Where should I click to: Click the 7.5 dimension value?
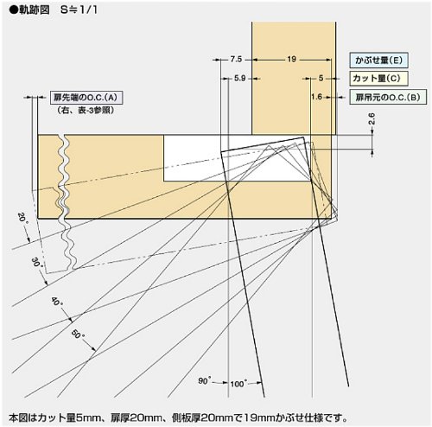pos(236,60)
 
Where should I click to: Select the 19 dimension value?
pos(291,60)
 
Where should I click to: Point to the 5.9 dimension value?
pos(239,78)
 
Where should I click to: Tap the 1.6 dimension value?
pos(316,97)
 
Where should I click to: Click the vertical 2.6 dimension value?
pos(372,118)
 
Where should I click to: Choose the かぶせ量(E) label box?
pos(378,61)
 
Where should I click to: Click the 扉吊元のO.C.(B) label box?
pos(388,97)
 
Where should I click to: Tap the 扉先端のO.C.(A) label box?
pos(86,98)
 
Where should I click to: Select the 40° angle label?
pos(57,302)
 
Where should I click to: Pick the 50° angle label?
pos(78,335)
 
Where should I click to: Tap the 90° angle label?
pos(204,380)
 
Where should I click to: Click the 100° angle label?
pos(238,384)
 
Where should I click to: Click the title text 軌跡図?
pos(35,10)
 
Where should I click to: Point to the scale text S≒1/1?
pos(79,10)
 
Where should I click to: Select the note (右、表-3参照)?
pos(86,111)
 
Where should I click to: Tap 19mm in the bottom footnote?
pos(260,417)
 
